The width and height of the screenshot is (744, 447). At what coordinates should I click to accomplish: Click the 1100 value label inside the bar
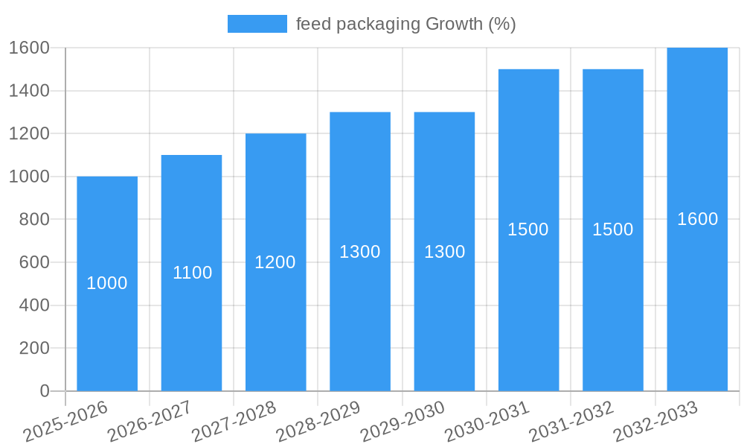(x=192, y=273)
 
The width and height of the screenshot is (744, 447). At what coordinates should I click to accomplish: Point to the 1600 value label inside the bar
(x=697, y=219)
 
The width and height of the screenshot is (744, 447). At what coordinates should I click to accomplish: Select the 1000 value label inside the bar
(x=107, y=283)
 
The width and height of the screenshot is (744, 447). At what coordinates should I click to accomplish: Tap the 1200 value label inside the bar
(x=275, y=262)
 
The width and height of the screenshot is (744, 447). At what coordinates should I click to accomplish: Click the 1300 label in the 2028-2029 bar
(x=360, y=252)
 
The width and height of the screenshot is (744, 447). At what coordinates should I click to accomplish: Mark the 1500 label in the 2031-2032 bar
(x=612, y=229)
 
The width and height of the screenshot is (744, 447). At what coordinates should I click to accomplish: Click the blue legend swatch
(x=257, y=24)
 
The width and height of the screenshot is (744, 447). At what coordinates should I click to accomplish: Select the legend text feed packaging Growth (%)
(x=405, y=24)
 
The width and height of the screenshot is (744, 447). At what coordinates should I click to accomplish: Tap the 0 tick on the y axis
(x=44, y=391)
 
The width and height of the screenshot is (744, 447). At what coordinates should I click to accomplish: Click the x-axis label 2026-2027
(x=150, y=421)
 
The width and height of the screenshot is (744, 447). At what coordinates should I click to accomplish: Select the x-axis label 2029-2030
(x=403, y=421)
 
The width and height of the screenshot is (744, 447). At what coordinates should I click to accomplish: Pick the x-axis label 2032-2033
(x=655, y=421)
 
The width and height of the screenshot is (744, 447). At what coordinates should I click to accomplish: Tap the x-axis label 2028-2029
(x=318, y=421)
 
